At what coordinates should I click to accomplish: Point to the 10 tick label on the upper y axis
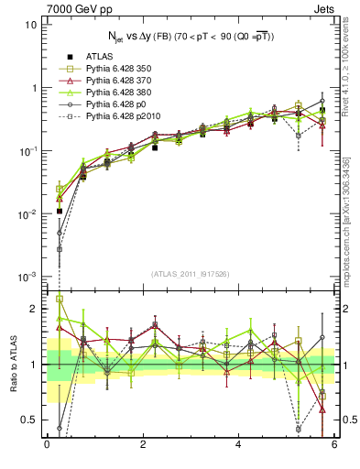(x=29, y=25)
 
